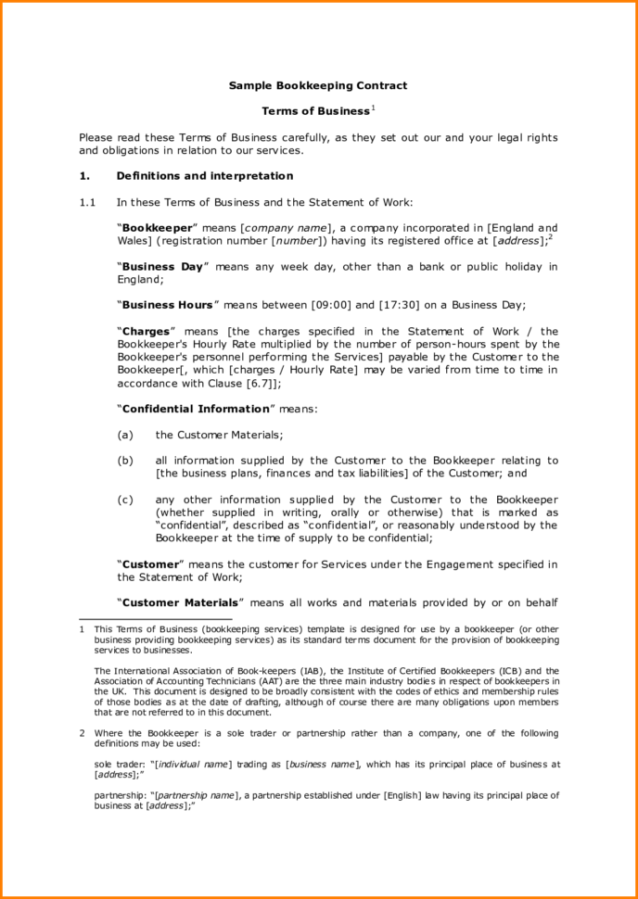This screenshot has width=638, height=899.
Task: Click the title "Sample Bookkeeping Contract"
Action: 318,85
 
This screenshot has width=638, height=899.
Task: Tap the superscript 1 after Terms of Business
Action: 373,108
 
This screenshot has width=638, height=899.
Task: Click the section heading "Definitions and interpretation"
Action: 204,175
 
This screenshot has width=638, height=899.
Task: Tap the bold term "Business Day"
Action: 162,266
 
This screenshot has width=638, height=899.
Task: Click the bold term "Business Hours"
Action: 168,304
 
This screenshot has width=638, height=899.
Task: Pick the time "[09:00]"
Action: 330,304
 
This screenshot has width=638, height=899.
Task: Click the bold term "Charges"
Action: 146,331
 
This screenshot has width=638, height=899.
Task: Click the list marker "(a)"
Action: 125,434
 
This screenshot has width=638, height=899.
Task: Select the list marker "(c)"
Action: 125,499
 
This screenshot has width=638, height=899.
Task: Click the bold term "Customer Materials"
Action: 180,601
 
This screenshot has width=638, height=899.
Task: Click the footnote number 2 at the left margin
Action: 83,732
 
